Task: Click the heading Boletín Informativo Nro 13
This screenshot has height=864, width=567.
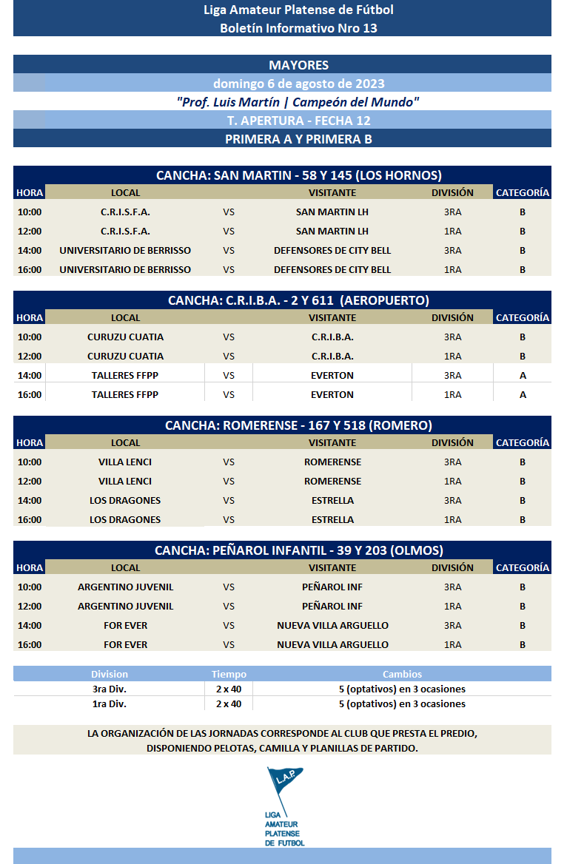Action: [298, 28]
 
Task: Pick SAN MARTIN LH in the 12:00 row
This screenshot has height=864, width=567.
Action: [332, 231]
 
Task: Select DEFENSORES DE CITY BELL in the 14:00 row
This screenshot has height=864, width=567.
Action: [332, 250]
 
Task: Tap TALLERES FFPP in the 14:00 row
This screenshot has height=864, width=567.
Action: [125, 375]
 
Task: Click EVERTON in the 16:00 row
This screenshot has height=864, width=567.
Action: [332, 394]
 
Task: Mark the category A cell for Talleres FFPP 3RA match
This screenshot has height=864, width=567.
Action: [523, 375]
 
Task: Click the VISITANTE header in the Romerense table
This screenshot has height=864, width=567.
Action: [332, 442]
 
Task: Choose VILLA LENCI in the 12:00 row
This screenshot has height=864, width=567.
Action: [125, 481]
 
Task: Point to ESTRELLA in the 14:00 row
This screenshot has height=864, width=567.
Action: [332, 500]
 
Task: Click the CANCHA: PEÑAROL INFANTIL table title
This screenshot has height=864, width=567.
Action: [298, 550]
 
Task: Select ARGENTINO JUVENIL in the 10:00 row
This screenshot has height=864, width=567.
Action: [125, 587]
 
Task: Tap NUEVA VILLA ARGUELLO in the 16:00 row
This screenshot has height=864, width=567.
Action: [332, 644]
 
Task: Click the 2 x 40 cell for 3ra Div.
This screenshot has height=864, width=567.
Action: [228, 689]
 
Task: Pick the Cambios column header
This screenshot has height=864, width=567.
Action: [402, 674]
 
